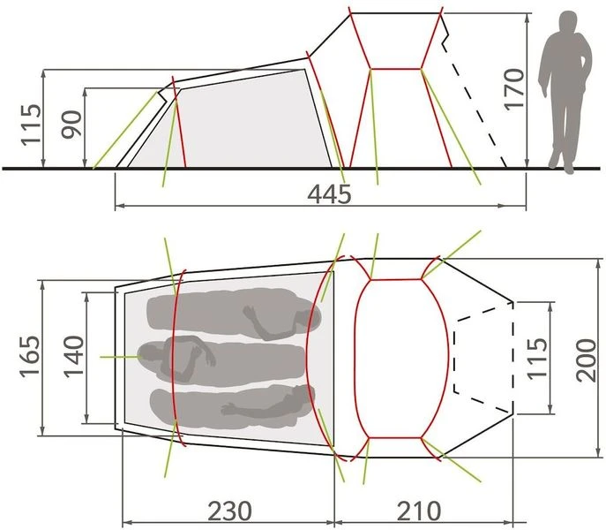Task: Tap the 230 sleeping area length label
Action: click(x=229, y=510)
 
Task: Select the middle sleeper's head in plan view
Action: click(x=152, y=356)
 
